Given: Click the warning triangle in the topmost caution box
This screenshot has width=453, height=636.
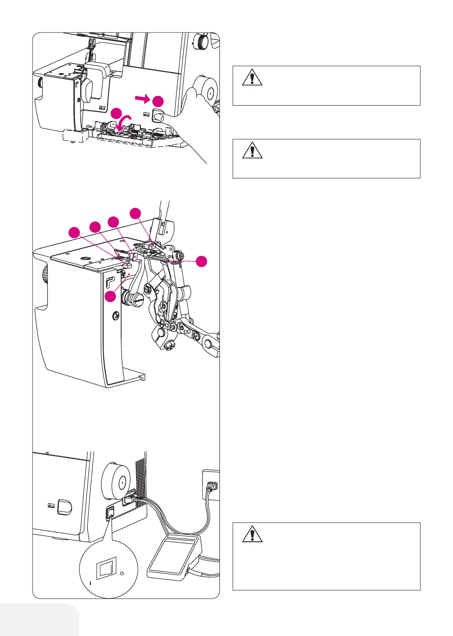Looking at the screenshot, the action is pyautogui.click(x=252, y=78).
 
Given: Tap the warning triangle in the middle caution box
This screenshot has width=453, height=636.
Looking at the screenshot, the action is pyautogui.click(x=252, y=150).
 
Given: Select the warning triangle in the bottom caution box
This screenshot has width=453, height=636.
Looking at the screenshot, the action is pyautogui.click(x=252, y=534).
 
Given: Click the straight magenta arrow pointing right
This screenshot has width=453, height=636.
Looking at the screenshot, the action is pyautogui.click(x=142, y=100).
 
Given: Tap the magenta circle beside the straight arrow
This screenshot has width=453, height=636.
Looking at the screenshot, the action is pyautogui.click(x=158, y=101).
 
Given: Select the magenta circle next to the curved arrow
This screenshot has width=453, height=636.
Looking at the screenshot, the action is pyautogui.click(x=116, y=113).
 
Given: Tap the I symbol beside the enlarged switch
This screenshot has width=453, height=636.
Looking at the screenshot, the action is pyautogui.click(x=90, y=583).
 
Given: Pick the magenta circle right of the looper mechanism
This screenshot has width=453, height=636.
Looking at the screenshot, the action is pyautogui.click(x=201, y=261).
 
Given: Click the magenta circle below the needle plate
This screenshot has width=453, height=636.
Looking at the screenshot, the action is pyautogui.click(x=111, y=296).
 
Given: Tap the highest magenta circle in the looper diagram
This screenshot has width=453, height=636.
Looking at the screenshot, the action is pyautogui.click(x=136, y=213).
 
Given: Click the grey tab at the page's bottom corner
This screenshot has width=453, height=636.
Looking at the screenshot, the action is pyautogui.click(x=40, y=620).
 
